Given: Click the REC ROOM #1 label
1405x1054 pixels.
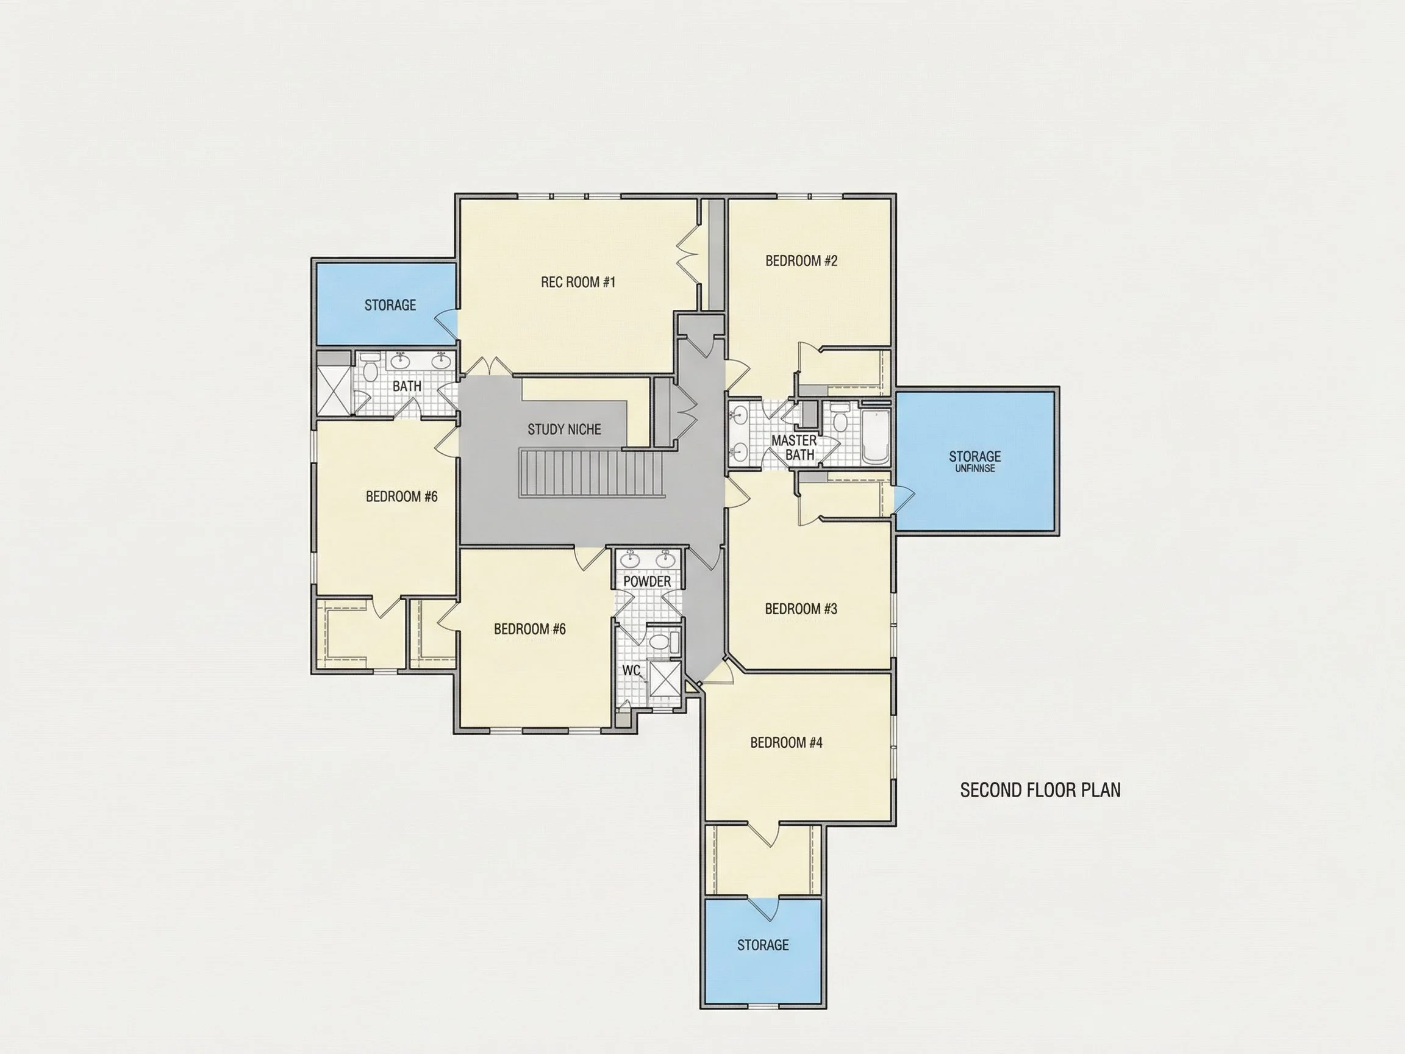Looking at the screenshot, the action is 578,282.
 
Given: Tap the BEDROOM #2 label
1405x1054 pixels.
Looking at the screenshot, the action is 801,260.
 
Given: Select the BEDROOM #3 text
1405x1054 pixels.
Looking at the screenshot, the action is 800,609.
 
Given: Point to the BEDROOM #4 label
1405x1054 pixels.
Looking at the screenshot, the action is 785,742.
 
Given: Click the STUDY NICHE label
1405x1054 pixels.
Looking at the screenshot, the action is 564,429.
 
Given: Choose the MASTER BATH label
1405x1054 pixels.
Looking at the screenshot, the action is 794,447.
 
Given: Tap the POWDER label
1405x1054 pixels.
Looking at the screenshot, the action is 646,581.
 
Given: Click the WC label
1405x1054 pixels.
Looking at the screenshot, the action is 631,670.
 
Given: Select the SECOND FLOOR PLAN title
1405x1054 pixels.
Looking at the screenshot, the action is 1040,790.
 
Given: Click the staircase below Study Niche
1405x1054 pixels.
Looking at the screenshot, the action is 592,473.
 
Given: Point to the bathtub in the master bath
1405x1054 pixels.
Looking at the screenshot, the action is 876,437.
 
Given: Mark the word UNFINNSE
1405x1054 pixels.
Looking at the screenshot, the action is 974,469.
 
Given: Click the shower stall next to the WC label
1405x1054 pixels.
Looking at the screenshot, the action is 663,683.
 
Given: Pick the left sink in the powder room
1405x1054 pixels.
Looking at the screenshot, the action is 630,559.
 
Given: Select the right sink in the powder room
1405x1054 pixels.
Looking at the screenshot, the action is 665,559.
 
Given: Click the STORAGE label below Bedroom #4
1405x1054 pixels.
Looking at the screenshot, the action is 763,945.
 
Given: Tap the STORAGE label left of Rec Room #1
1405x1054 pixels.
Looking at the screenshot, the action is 390,305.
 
